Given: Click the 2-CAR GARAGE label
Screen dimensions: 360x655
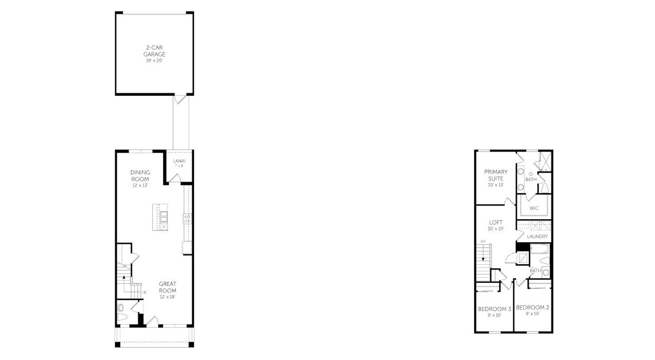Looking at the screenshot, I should (x=155, y=51).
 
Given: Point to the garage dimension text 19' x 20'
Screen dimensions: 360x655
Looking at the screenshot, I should (x=155, y=61).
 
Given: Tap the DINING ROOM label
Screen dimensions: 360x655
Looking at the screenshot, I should (x=140, y=176).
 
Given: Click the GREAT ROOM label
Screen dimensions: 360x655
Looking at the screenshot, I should (x=167, y=287).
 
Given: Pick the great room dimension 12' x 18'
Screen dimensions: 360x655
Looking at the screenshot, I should (x=167, y=297).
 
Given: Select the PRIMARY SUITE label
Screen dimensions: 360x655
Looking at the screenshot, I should (x=496, y=175).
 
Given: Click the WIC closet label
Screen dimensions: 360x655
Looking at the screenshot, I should (x=534, y=208).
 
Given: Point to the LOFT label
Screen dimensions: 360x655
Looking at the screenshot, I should (x=496, y=222).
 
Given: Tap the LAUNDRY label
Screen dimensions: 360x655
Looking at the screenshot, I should (x=537, y=237).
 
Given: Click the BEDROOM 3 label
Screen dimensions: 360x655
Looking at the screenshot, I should (x=494, y=309).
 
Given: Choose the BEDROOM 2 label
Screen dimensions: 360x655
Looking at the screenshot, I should (x=532, y=307).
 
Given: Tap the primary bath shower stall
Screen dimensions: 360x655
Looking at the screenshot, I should (x=541, y=162).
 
